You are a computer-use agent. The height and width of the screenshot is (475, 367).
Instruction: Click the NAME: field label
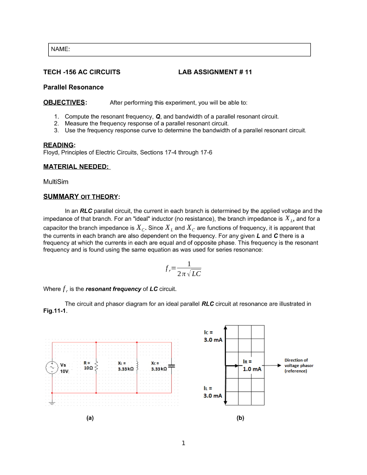click(x=60, y=49)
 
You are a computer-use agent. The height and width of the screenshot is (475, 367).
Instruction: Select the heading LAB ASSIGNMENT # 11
click(x=215, y=72)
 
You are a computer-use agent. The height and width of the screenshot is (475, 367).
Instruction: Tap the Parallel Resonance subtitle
click(x=73, y=87)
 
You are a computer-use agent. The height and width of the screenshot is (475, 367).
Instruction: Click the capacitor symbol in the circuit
click(x=171, y=366)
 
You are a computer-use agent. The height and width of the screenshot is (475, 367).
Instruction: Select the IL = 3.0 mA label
click(x=213, y=393)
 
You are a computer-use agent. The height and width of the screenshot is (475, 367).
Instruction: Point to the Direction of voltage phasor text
click(x=299, y=365)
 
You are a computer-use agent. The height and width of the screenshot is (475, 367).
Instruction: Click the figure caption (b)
click(x=240, y=417)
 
